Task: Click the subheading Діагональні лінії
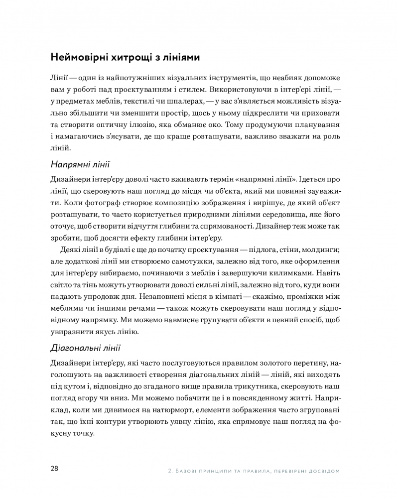86,347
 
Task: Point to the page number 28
55,469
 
